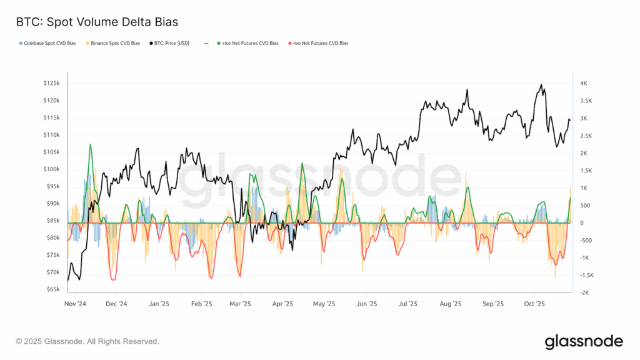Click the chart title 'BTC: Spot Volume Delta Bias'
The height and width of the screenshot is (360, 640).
[x=97, y=22]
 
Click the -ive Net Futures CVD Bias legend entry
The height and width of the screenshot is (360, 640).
[x=319, y=43]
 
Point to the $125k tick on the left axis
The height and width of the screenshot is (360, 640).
[x=51, y=83]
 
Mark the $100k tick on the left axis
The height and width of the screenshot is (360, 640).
[x=51, y=169]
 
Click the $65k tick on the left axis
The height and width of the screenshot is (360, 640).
[x=52, y=289]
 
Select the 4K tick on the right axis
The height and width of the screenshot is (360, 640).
[x=583, y=83]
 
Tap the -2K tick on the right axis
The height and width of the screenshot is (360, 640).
[x=583, y=292]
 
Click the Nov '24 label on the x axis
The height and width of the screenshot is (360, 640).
[x=75, y=304]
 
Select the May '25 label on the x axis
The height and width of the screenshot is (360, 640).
[x=323, y=304]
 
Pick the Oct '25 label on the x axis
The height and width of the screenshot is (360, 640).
[x=534, y=304]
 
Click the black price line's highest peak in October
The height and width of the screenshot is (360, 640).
[x=541, y=85]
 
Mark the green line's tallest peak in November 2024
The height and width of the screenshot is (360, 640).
[x=90, y=144]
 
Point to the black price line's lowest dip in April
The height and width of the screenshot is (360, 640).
[x=292, y=251]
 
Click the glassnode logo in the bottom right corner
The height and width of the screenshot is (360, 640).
[x=584, y=341]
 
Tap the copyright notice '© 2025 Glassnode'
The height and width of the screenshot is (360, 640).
[x=87, y=341]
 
